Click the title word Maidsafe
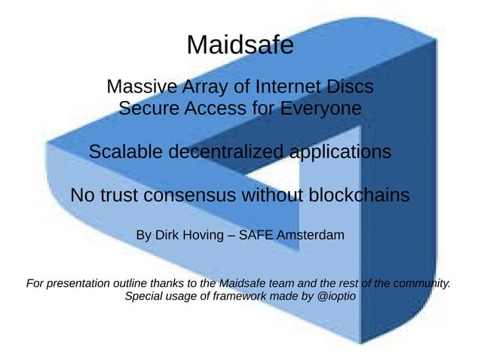pyautogui.click(x=240, y=45)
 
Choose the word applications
pyautogui.click(x=340, y=153)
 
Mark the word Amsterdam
pyautogui.click(x=311, y=236)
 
